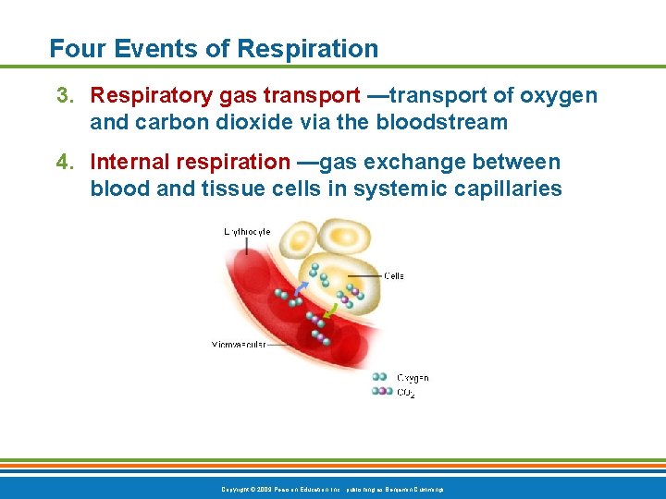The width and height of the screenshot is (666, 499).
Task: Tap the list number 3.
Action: point(63,96)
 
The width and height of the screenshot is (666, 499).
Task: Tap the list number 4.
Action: point(63,163)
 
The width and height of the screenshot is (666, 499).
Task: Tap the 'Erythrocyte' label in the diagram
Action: point(247,232)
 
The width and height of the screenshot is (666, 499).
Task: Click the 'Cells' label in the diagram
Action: point(394,275)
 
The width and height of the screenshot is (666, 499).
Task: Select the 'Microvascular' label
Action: point(239,345)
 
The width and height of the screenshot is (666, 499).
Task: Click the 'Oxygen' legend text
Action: point(413,377)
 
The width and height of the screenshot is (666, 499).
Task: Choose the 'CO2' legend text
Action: point(406,392)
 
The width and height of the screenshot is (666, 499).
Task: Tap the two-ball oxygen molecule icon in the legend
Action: point(380,377)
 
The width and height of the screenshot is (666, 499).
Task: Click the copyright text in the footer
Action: point(332,488)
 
